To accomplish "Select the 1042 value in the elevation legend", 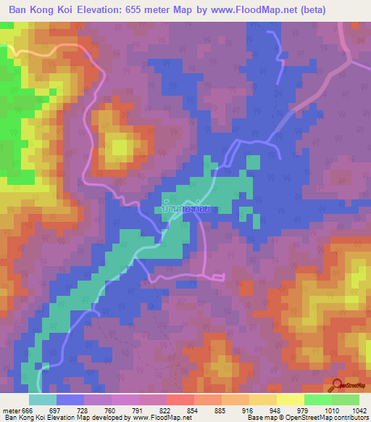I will click(x=360, y=410).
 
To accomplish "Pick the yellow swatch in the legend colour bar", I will click(x=290, y=400).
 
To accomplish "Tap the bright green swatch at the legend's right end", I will click(x=345, y=400).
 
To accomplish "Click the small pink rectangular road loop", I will click(x=218, y=277).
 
